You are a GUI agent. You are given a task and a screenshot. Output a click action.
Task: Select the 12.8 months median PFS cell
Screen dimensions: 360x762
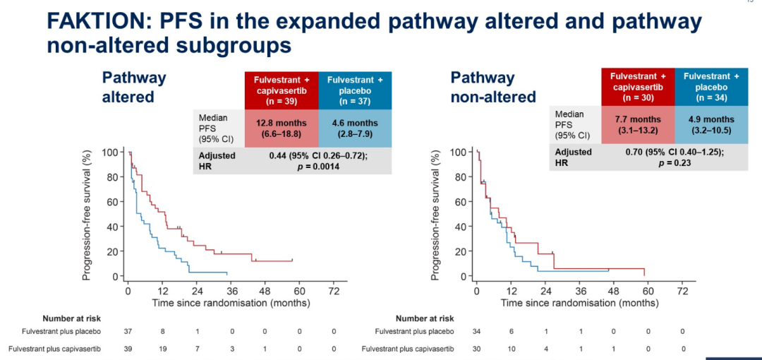coord(281,128)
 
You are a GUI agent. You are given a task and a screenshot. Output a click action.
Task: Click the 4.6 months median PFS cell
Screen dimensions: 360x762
coord(354,128)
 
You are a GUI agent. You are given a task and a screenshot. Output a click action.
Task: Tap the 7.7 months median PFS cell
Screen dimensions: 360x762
coord(638,124)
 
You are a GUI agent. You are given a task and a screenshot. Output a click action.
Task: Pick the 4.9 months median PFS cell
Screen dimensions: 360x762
coord(711,124)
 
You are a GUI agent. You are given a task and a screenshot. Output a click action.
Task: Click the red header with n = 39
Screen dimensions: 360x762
coord(281,90)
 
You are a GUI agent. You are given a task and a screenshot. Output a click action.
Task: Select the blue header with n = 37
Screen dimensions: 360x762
coord(355,90)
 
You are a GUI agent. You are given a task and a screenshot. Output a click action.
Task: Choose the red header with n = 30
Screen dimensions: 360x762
coord(638,86)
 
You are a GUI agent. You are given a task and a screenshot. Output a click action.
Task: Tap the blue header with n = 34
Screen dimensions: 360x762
coord(711,86)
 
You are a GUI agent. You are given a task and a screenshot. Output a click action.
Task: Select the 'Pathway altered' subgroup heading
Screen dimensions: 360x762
coord(133,87)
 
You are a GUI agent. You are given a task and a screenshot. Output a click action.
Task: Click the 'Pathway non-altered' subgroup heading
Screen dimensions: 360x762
coord(493,87)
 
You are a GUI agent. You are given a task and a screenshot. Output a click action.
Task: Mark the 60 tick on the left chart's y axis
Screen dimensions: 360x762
coord(111,202)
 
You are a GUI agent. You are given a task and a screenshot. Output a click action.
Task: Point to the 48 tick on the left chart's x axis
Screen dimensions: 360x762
coord(265,290)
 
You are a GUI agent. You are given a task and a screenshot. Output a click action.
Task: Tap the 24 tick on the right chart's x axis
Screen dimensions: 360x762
coord(545,290)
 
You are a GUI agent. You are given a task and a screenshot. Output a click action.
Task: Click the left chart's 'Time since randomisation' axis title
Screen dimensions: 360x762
coord(230,302)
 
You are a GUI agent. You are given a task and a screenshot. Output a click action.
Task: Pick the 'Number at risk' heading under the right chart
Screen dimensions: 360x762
coord(425,318)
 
